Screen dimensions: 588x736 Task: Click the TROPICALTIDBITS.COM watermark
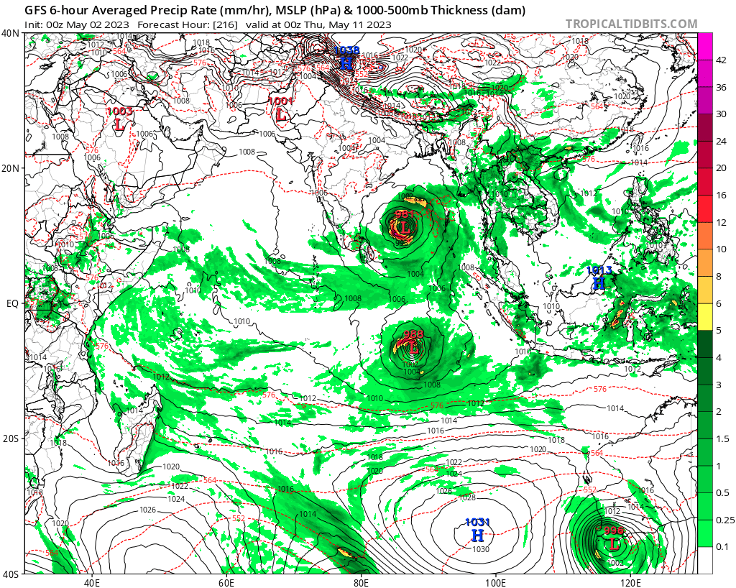coord(631,24)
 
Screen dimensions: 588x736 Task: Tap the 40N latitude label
coord(11,33)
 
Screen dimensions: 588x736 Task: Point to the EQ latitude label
coord(12,303)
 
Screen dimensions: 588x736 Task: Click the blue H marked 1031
coord(477,535)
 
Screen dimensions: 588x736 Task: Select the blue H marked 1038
coord(346,64)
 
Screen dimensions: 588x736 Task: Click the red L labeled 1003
coord(119,124)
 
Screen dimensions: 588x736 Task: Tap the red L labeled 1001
coord(281,114)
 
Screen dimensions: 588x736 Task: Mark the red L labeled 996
coord(613,543)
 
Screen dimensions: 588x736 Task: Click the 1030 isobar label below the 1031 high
coord(481,549)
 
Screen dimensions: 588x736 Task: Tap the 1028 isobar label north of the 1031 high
coord(467,497)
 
